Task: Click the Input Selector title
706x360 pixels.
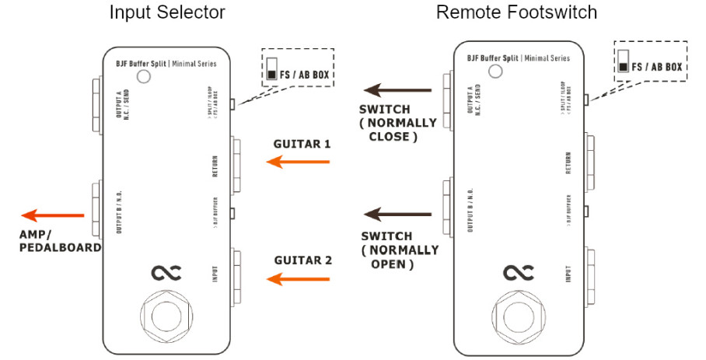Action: pos(167,12)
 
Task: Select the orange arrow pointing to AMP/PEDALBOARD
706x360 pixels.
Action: pos(52,215)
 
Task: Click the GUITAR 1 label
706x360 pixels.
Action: pos(302,144)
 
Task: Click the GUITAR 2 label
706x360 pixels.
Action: pos(302,260)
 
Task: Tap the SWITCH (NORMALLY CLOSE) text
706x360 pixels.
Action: pos(393,122)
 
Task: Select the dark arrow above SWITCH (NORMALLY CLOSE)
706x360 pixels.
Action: pos(397,91)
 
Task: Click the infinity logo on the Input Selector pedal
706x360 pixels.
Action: pos(166,272)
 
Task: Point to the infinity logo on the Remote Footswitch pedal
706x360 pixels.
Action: pos(519,272)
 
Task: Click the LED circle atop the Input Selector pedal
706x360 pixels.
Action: pos(143,76)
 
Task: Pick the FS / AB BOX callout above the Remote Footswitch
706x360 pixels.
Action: pos(649,62)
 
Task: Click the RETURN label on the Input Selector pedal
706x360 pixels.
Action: pos(215,166)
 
